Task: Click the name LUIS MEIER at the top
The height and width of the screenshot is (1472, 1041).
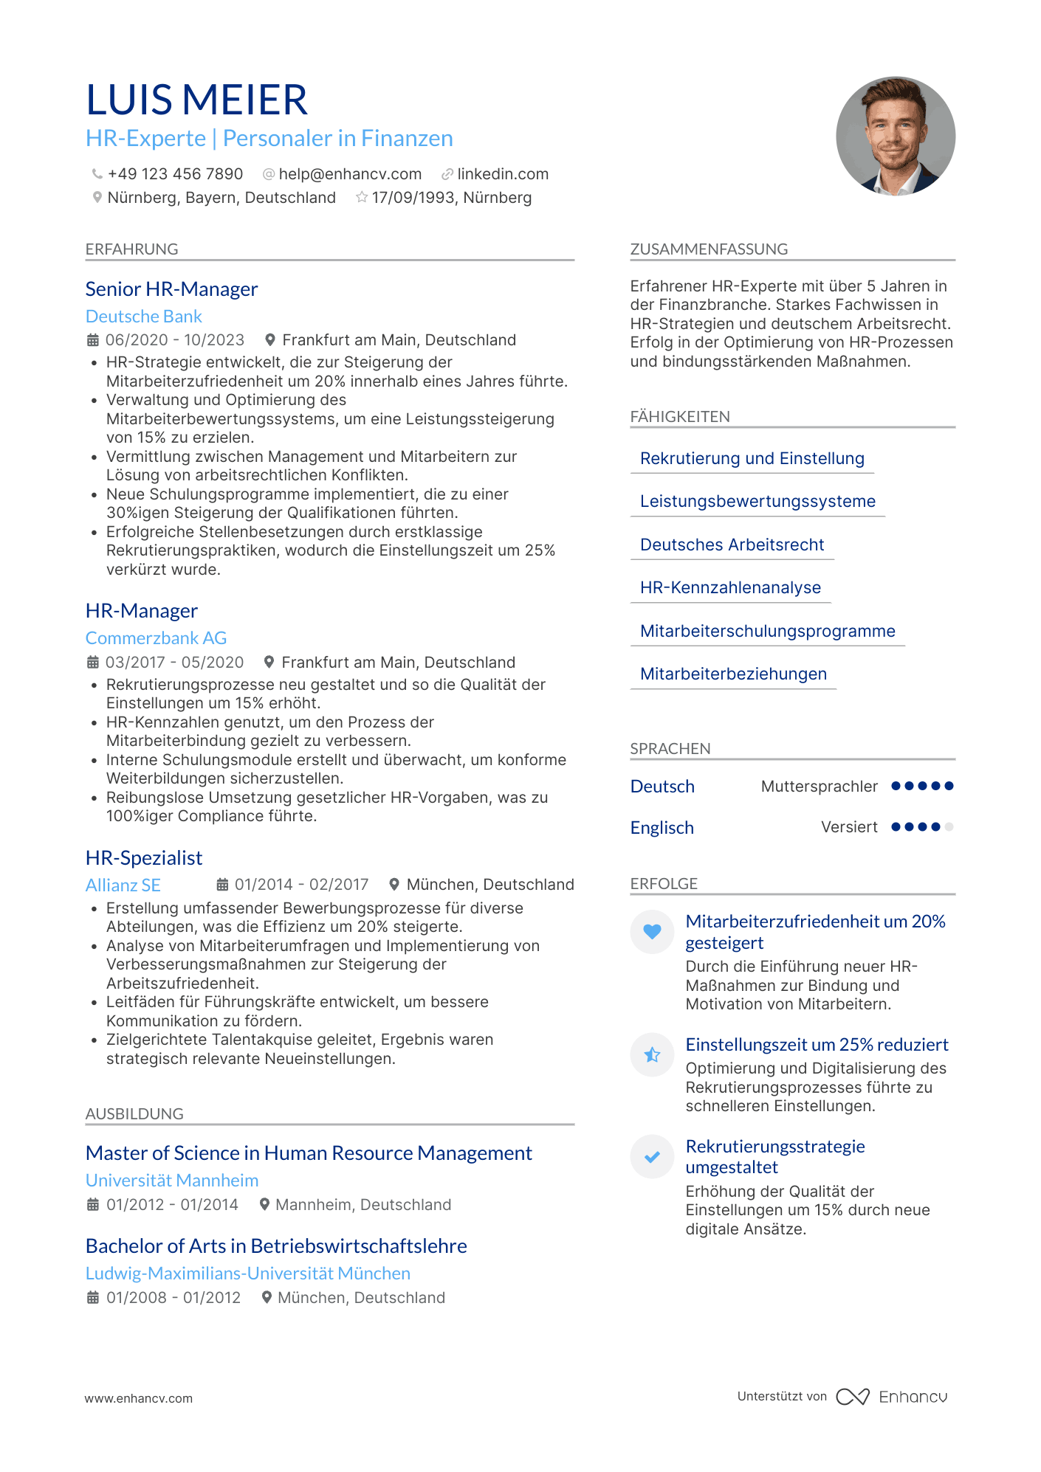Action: (x=196, y=100)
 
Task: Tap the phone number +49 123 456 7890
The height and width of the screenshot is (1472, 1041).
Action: (x=175, y=174)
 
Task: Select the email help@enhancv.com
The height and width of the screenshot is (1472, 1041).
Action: (x=350, y=174)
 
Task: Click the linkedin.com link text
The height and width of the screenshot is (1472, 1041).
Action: (x=503, y=174)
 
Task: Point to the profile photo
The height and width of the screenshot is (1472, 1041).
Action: (x=895, y=137)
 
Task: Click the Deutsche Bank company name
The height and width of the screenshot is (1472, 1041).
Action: (x=144, y=317)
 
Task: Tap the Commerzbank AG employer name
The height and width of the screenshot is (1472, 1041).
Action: (x=157, y=638)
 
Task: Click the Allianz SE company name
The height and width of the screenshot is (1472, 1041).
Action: (x=123, y=885)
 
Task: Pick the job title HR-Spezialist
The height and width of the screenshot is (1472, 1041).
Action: (x=144, y=858)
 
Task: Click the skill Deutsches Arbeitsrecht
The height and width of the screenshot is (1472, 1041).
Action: (x=732, y=545)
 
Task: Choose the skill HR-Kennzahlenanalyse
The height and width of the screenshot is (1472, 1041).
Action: (x=730, y=587)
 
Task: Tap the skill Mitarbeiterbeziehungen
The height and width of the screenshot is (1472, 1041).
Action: (x=733, y=674)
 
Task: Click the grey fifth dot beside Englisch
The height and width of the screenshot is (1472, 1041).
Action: (x=949, y=827)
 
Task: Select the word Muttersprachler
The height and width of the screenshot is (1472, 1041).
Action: (x=820, y=787)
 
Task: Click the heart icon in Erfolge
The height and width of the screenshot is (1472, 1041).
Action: (x=652, y=931)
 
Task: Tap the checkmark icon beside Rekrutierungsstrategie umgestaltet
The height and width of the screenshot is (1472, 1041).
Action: (x=652, y=1157)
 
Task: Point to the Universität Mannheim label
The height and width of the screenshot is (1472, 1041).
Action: (x=172, y=1181)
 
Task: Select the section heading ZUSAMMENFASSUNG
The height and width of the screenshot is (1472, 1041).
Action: (x=709, y=249)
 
